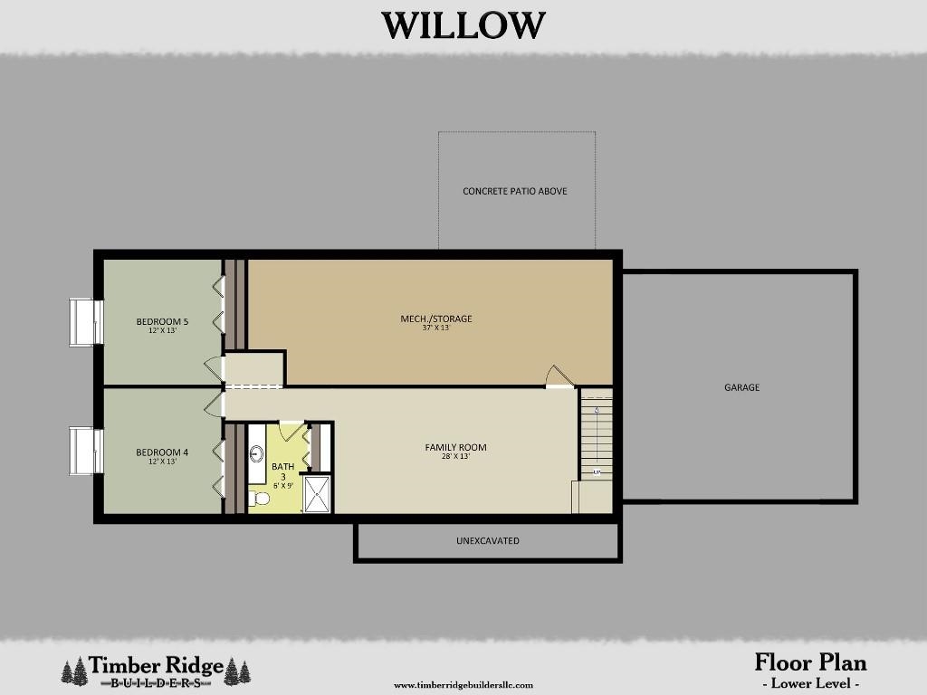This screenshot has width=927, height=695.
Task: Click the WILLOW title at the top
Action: (463, 25)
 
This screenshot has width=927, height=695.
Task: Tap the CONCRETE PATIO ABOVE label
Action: (515, 192)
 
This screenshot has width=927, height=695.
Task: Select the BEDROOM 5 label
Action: (162, 321)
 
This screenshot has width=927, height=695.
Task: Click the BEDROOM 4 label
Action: (162, 452)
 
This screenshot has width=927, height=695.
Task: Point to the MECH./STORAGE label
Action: (436, 319)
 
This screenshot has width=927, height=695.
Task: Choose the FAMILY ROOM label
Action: (456, 447)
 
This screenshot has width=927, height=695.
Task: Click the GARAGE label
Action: (741, 387)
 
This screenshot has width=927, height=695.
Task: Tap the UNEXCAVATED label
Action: (487, 541)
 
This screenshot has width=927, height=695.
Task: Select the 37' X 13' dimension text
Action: (436, 328)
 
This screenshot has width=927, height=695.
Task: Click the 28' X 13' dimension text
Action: (456, 457)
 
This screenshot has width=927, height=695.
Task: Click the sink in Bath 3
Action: (256, 454)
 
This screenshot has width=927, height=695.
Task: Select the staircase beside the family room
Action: (597, 434)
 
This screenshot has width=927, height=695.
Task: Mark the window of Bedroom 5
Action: (86, 322)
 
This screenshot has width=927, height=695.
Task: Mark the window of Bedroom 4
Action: (86, 452)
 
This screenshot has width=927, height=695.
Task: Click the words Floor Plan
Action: (810, 662)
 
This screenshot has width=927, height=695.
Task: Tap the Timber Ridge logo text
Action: (156, 667)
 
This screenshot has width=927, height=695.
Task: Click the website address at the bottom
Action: (463, 685)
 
